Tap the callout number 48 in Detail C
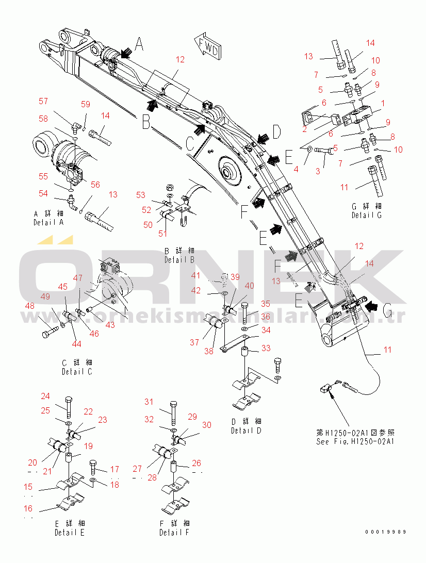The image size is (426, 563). point(30,305)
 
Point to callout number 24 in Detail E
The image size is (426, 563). point(45,396)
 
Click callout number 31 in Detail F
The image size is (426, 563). point(149,402)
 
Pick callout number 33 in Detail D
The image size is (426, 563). point(266,349)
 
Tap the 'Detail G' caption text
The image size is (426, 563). point(366,211)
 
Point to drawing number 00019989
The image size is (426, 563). point(386,532)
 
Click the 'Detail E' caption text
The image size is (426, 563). point(70,528)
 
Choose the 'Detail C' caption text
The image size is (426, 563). point(77,368)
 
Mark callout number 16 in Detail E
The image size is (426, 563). point(28,508)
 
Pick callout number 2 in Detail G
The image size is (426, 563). point(304,129)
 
